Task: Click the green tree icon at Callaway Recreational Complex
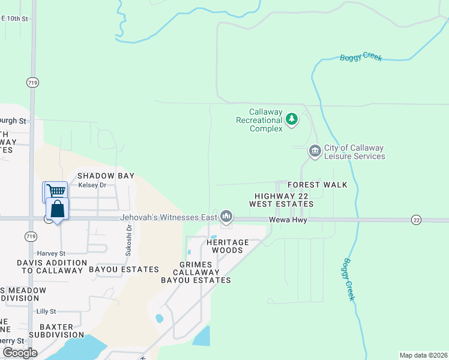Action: pyautogui.click(x=292, y=119)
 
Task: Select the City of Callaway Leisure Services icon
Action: pyautogui.click(x=315, y=151)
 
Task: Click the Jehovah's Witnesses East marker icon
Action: pyautogui.click(x=226, y=215)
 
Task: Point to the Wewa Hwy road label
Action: pyautogui.click(x=288, y=220)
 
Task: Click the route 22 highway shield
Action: pyautogui.click(x=417, y=220)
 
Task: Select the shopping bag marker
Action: pyautogui.click(x=57, y=209)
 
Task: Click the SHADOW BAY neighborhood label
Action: pyautogui.click(x=101, y=176)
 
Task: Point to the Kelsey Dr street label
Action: pyautogui.click(x=92, y=185)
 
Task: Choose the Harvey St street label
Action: pyautogui.click(x=51, y=253)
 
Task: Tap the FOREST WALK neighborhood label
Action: pyautogui.click(x=317, y=185)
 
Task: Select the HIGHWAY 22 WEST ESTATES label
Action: pyautogui.click(x=284, y=200)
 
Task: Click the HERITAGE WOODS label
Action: pyautogui.click(x=228, y=246)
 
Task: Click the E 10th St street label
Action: pyautogui.click(x=14, y=19)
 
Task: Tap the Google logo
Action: pyautogui.click(x=19, y=353)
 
